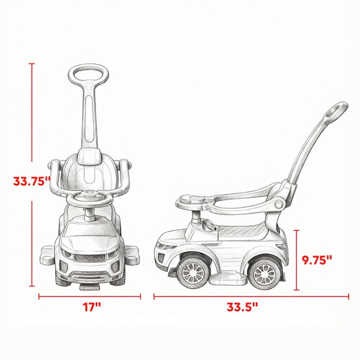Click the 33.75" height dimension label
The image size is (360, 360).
pos(31,181)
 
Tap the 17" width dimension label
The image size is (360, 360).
pos(92,307)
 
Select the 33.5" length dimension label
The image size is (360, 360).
pos(242,307)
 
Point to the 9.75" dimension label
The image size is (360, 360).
pos(317,260)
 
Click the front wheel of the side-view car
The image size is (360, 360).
pos(193,273)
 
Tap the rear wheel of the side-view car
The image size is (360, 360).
pos(265,274)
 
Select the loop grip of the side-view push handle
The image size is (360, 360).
pos(337,110)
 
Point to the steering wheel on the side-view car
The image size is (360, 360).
pos(194,202)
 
